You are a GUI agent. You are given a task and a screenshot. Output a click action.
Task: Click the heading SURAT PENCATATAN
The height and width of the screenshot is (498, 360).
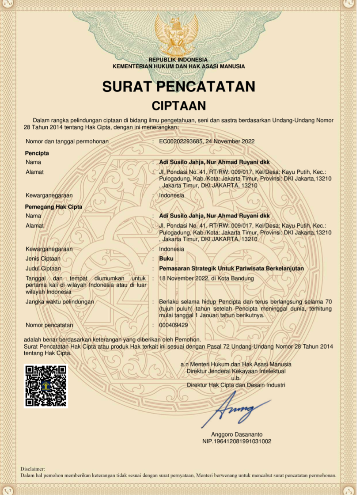point(179,86)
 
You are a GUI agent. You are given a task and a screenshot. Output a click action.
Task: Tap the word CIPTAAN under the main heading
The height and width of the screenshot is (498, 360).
point(179,106)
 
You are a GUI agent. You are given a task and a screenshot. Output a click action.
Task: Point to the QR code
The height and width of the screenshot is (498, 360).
point(46,386)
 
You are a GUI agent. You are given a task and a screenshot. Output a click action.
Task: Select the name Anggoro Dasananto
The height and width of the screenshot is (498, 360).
point(236,434)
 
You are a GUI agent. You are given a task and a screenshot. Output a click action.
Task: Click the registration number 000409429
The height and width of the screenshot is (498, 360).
point(174,325)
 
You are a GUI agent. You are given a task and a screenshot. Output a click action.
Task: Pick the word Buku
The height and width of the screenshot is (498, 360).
point(166,259)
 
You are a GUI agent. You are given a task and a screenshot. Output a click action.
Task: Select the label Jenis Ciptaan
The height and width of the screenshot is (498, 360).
point(43,259)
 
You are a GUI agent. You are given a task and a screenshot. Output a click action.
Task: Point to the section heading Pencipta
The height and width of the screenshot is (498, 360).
point(37,153)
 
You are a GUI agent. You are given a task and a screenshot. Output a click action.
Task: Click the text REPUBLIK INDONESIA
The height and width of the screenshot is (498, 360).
point(178,60)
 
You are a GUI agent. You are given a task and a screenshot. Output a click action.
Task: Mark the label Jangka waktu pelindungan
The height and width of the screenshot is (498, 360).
point(60,302)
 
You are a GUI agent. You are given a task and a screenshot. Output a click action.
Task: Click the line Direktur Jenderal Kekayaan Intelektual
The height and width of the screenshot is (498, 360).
point(236,371)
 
